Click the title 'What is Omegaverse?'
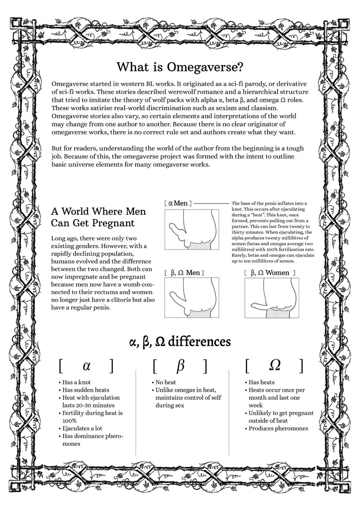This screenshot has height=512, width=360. point(180,67)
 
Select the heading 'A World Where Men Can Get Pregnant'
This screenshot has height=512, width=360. point(98,217)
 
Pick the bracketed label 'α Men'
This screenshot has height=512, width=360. point(178,204)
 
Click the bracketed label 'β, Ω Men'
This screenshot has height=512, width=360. point(185,273)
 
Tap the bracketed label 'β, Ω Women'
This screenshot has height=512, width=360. point(270,273)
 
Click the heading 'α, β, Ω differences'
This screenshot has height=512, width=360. point(180,342)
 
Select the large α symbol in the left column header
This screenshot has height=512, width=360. point(87,366)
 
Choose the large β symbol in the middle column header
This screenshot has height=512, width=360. point(180,366)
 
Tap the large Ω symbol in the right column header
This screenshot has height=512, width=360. point(274,365)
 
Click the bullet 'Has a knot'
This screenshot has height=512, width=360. point(76,382)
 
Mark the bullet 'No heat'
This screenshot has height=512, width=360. point(166,382)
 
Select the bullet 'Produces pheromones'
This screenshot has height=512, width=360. point(278,429)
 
